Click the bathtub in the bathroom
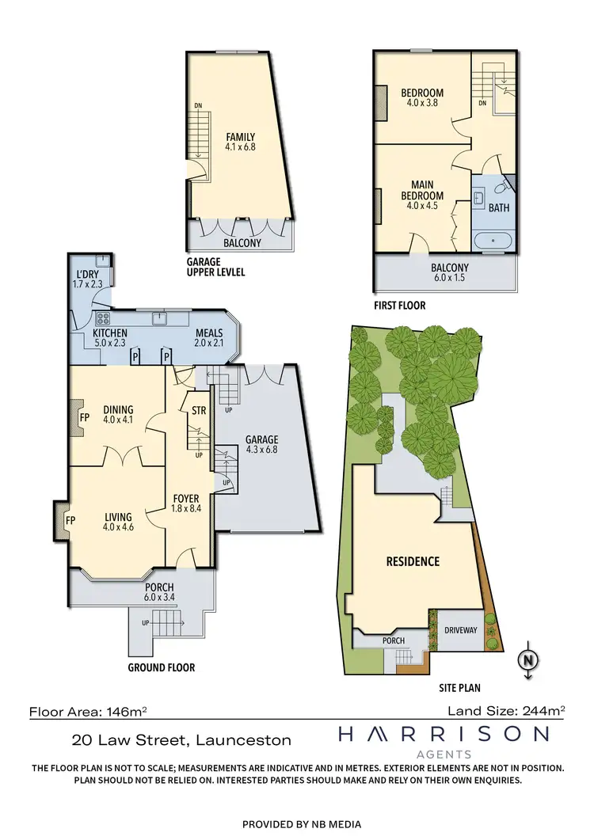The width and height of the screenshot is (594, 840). click(492, 239)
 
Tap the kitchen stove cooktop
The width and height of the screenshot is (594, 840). click(102, 319)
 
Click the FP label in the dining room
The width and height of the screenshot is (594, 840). click(81, 415)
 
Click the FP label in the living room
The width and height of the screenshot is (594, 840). click(69, 521)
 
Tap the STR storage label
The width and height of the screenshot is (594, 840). click(199, 411)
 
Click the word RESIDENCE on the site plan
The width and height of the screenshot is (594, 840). click(412, 561)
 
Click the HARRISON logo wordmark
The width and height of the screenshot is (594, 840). click(443, 735)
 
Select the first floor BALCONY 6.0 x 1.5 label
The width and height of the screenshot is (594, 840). click(449, 273)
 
